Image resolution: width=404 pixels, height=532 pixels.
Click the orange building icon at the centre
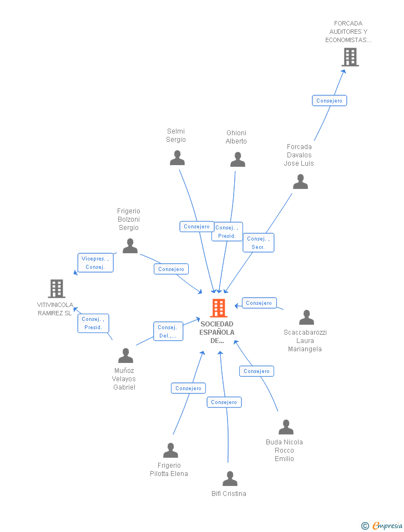[x=219, y=308]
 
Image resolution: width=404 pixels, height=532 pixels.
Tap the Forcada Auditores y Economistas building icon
[x=350, y=57]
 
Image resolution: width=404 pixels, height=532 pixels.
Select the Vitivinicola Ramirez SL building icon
[x=57, y=289]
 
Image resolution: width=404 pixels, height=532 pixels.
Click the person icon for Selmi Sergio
[x=177, y=158]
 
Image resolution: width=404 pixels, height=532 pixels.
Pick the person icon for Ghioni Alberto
[x=238, y=160]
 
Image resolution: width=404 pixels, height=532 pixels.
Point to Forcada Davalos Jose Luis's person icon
[x=300, y=182]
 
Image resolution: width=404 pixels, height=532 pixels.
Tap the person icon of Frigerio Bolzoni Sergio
[x=130, y=246]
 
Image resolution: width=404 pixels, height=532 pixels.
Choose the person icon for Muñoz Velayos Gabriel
[x=125, y=356]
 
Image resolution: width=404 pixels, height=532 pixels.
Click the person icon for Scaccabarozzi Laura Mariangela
[x=306, y=318]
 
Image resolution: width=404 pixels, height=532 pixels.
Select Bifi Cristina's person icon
[x=230, y=479]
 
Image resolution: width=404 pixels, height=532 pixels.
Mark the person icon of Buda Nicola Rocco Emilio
[x=286, y=427]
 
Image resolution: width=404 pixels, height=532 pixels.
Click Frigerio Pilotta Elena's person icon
[x=170, y=451]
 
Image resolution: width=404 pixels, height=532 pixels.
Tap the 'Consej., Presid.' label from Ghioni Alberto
[x=227, y=232]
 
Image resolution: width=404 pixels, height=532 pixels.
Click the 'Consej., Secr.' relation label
[x=258, y=243]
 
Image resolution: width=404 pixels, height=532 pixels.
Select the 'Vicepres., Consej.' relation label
[x=95, y=263]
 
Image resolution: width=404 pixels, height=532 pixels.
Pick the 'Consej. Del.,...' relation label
[x=168, y=331]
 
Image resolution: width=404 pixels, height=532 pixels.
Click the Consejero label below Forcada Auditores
[x=329, y=100]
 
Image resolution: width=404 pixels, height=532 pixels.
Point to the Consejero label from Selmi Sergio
[x=196, y=226]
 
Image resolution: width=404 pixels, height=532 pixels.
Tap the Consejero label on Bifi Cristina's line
[x=224, y=402]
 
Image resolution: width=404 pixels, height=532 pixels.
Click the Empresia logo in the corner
[x=382, y=525]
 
